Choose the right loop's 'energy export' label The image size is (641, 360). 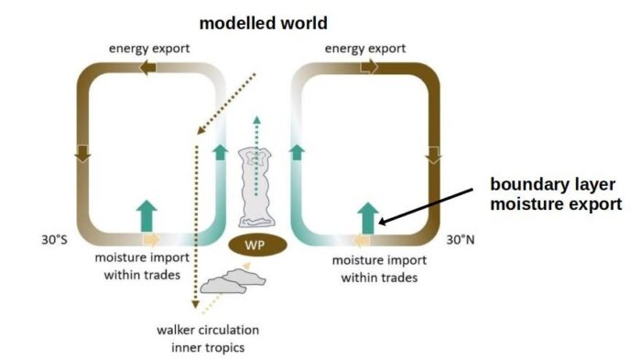[x=364, y=47]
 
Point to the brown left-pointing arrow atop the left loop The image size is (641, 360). [x=147, y=67]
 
